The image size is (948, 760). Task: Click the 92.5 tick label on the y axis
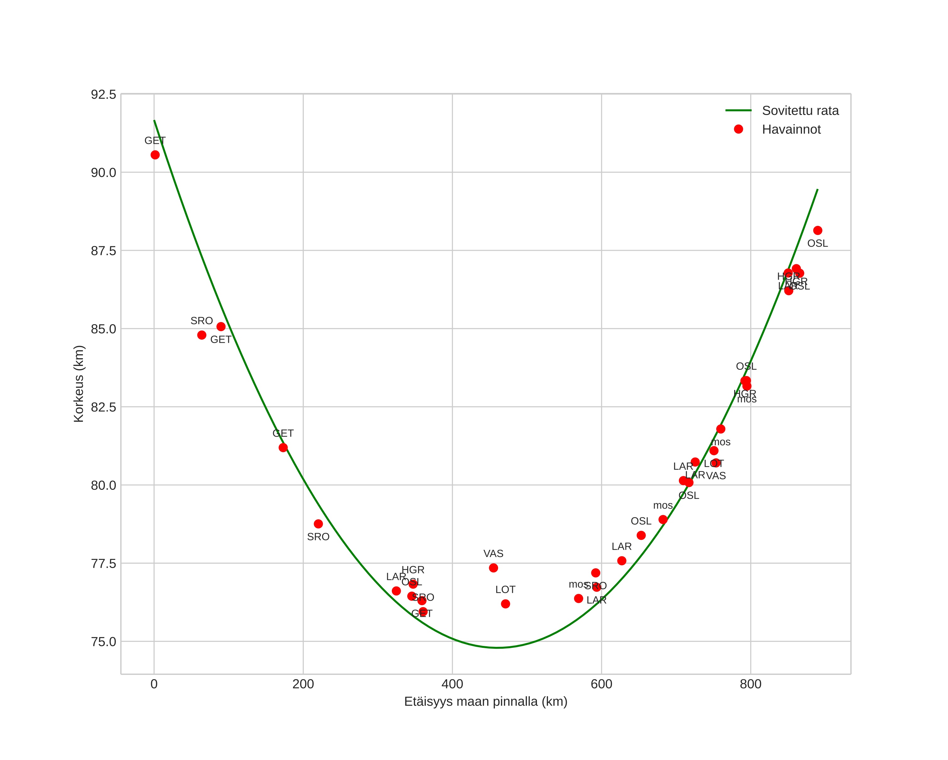click(103, 95)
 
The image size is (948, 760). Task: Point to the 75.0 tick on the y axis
click(103, 642)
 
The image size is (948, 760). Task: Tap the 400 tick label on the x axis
click(452, 684)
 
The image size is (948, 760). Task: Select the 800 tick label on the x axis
click(750, 684)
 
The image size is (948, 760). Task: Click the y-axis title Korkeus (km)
click(79, 384)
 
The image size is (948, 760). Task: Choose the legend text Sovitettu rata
click(800, 110)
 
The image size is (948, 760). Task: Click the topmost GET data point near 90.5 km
click(155, 155)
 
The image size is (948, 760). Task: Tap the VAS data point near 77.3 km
click(493, 568)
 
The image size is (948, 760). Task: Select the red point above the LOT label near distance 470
click(505, 604)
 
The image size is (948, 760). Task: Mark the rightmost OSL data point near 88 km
click(817, 231)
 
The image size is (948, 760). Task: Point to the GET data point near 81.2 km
click(283, 448)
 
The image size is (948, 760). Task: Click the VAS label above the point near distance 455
click(493, 554)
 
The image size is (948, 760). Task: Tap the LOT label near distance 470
click(505, 590)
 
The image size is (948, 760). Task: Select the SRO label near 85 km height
click(201, 321)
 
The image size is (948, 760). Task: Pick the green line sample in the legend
click(738, 110)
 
